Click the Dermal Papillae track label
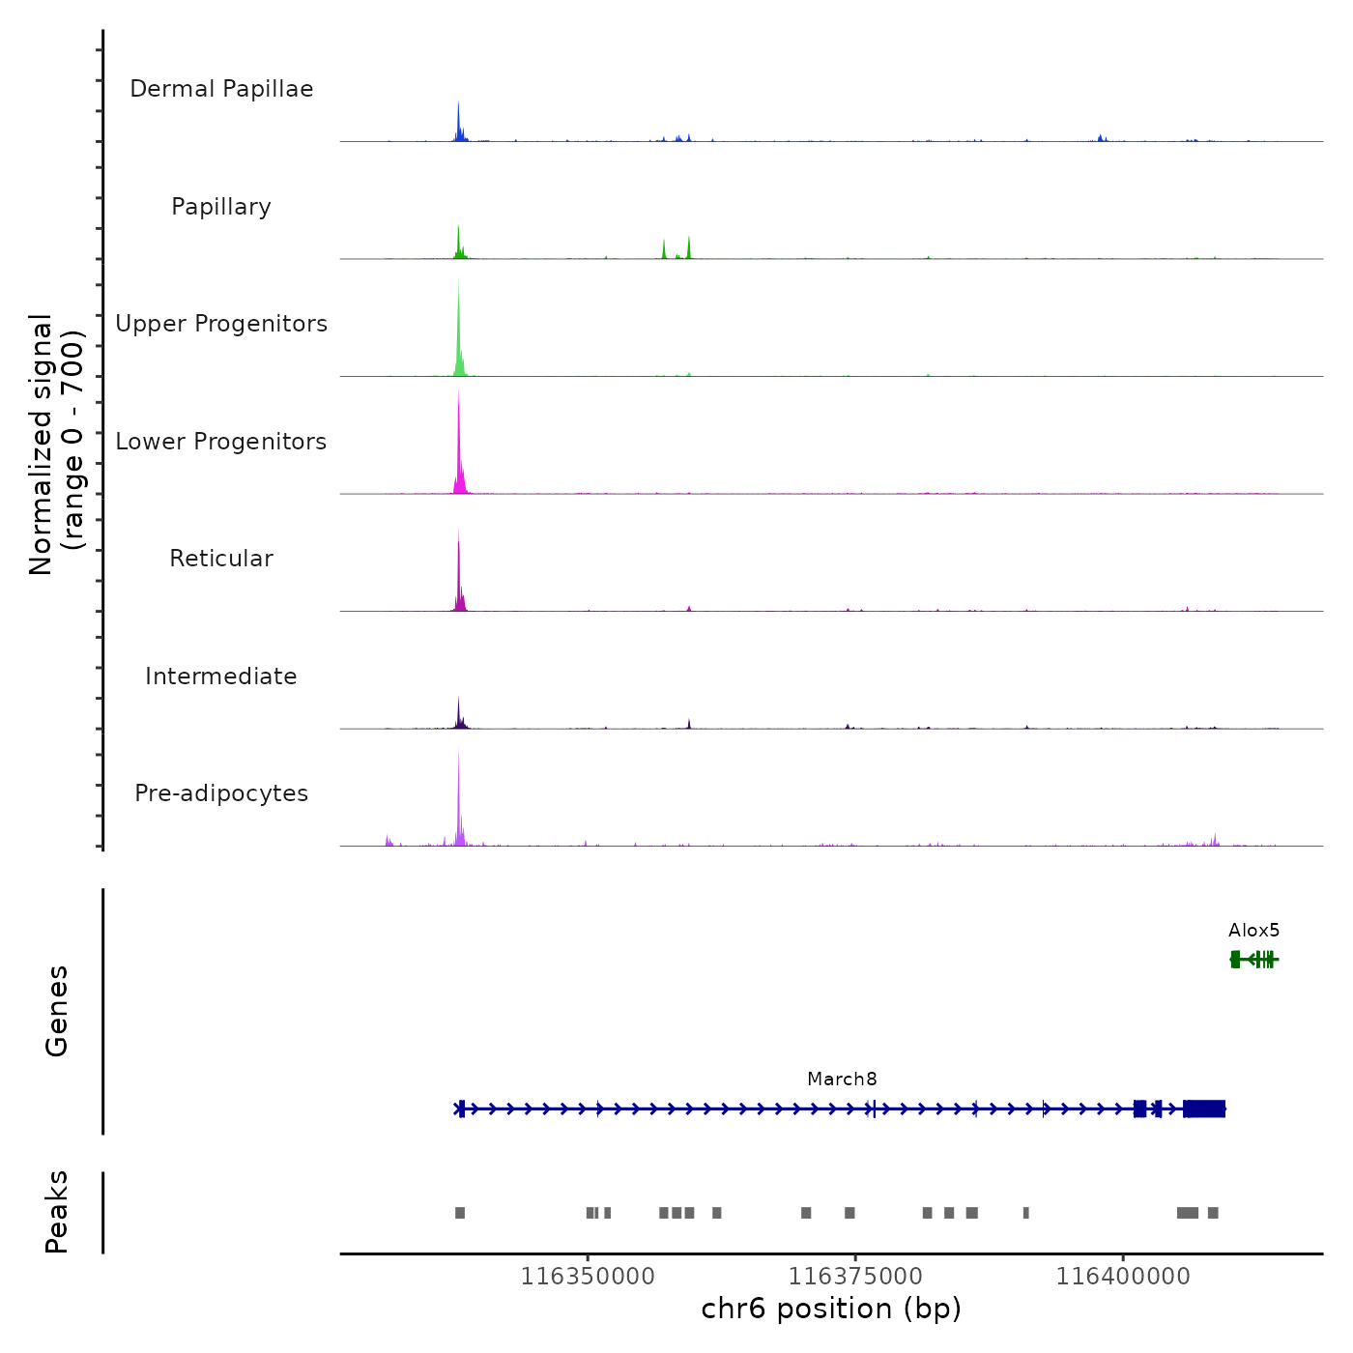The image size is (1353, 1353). pos(221,89)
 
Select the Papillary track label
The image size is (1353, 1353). pos(221,207)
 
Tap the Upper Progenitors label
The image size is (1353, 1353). pos(221,324)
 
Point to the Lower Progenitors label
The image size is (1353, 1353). pos(221,442)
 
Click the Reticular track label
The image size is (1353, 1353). pos(221,559)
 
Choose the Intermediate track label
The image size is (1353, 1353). pos(221,676)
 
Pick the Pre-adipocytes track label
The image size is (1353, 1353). pos(221,793)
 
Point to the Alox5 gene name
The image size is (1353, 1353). pos(1253,931)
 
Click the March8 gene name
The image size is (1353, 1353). pos(842,1080)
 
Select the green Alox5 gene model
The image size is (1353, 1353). pos(1253,959)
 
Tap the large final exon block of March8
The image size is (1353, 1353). pos(1204,1108)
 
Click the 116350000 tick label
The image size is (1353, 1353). pos(588,1277)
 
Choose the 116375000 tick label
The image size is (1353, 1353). pos(855,1277)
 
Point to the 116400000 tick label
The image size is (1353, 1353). pos(1123,1277)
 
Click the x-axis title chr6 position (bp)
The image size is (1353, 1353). pos(831,1310)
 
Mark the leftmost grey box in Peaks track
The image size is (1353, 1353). pos(460,1213)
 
